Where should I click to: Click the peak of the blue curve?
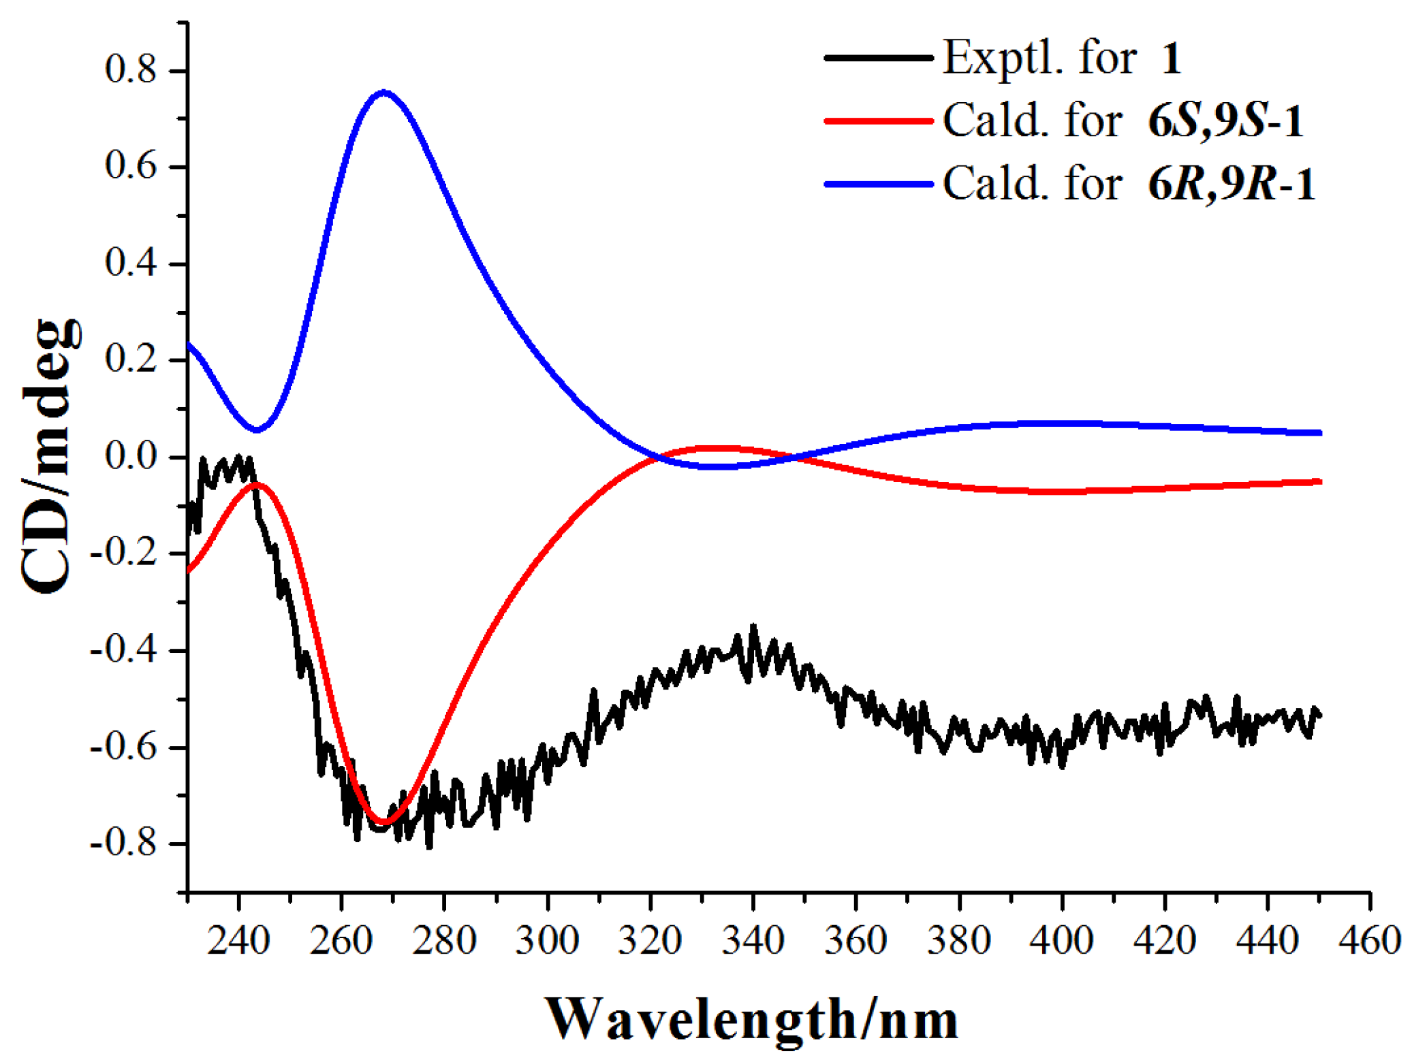[384, 92]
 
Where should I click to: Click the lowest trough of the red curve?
[383, 822]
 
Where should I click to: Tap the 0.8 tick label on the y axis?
[131, 70]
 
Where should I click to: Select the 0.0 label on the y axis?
[131, 456]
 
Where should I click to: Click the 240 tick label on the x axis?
[238, 941]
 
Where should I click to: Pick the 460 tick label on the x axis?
[1369, 941]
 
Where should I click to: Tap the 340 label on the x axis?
[753, 941]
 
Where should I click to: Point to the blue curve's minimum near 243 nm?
[257, 430]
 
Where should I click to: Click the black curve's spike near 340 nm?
[753, 626]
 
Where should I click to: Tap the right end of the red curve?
[1319, 482]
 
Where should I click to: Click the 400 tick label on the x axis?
[1061, 941]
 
